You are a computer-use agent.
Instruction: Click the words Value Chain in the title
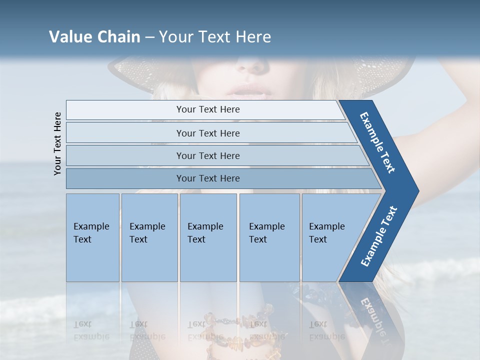tap(94, 37)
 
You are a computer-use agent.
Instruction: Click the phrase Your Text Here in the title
tap(215, 37)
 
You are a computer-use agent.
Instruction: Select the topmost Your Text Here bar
tap(207, 109)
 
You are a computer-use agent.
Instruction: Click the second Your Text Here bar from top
tap(207, 133)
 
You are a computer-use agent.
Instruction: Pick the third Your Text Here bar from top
tap(207, 155)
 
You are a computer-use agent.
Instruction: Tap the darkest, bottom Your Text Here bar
tap(207, 178)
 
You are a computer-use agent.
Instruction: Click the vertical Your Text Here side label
tap(58, 143)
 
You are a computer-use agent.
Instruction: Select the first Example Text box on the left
tap(92, 237)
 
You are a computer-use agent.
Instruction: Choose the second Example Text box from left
tap(149, 237)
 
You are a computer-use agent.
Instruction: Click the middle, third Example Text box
tap(208, 237)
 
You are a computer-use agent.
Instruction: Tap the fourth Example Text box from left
tap(269, 237)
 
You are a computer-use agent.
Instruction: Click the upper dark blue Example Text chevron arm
tap(378, 142)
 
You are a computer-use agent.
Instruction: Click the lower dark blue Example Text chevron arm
tap(378, 237)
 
